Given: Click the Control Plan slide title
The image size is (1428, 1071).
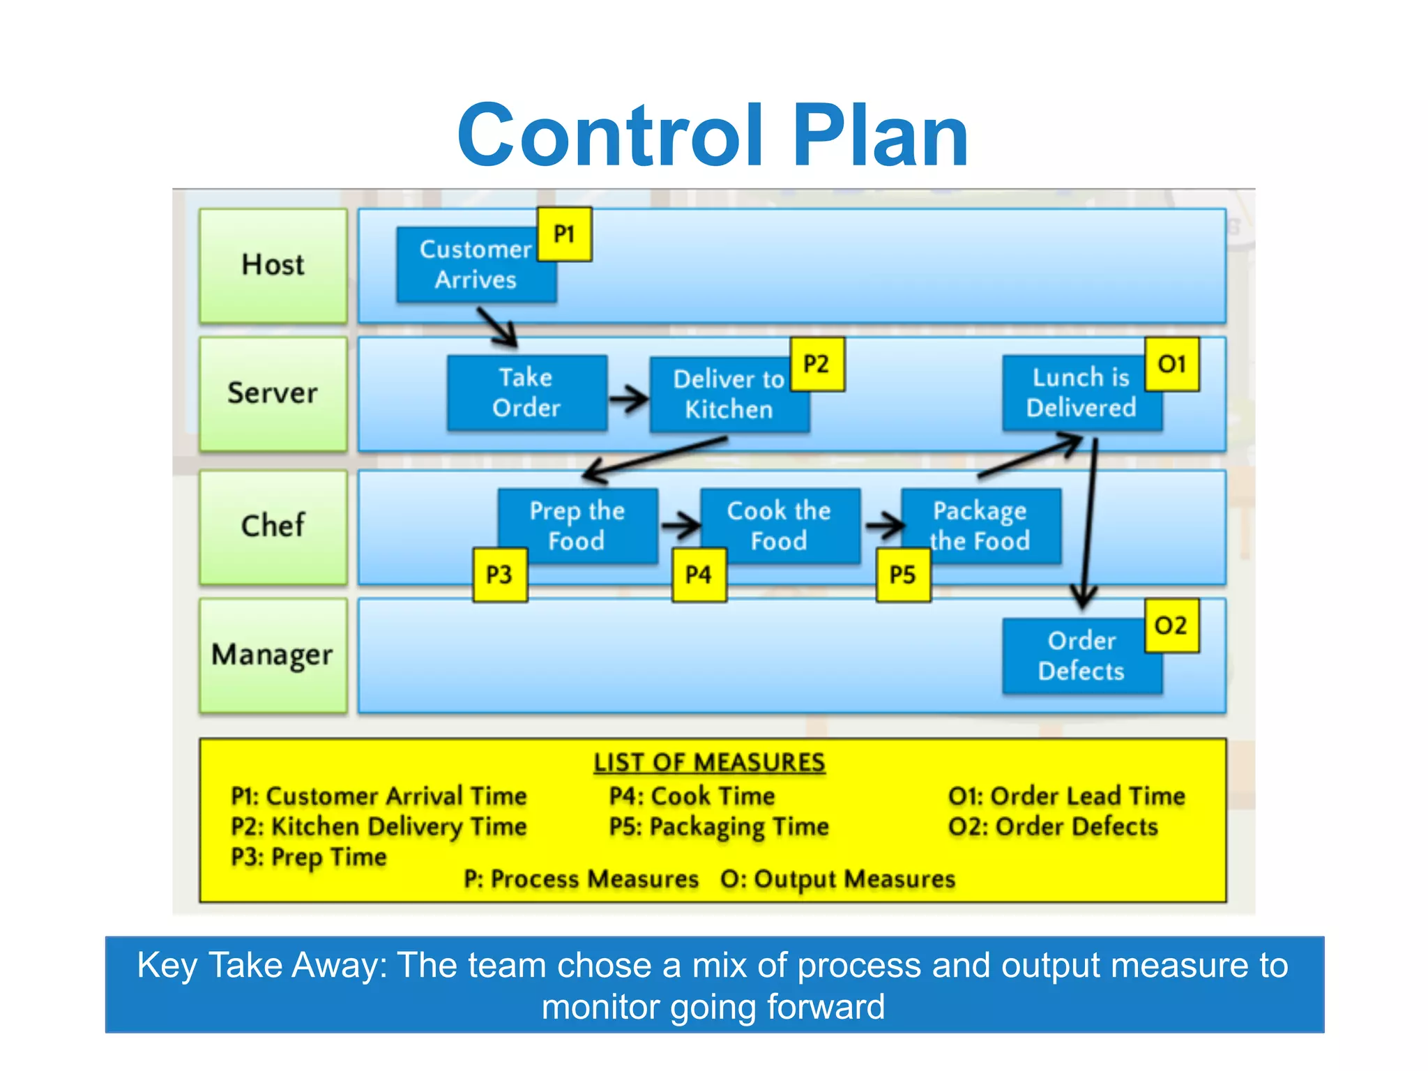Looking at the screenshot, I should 713,136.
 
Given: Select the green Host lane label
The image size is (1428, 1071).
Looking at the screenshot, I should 273,266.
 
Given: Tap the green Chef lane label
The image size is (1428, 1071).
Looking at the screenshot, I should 273,526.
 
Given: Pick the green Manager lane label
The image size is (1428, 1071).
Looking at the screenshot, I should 273,655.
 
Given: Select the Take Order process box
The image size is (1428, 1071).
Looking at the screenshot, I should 526,393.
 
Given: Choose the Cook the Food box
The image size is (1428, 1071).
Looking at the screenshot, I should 779,526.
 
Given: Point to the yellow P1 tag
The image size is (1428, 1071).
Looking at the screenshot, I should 564,234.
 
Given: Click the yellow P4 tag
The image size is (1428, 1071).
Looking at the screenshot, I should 699,575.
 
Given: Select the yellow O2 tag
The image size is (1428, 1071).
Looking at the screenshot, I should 1171,625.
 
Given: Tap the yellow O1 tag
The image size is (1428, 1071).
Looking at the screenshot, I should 1171,364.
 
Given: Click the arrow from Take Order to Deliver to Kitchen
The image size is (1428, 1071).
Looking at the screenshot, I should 628,399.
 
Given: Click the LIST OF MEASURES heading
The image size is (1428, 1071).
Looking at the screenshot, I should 709,762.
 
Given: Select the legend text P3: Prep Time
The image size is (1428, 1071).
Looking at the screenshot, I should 309,857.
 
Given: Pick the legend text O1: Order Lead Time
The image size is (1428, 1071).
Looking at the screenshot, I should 1066,796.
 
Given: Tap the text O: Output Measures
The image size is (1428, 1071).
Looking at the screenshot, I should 837,879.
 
